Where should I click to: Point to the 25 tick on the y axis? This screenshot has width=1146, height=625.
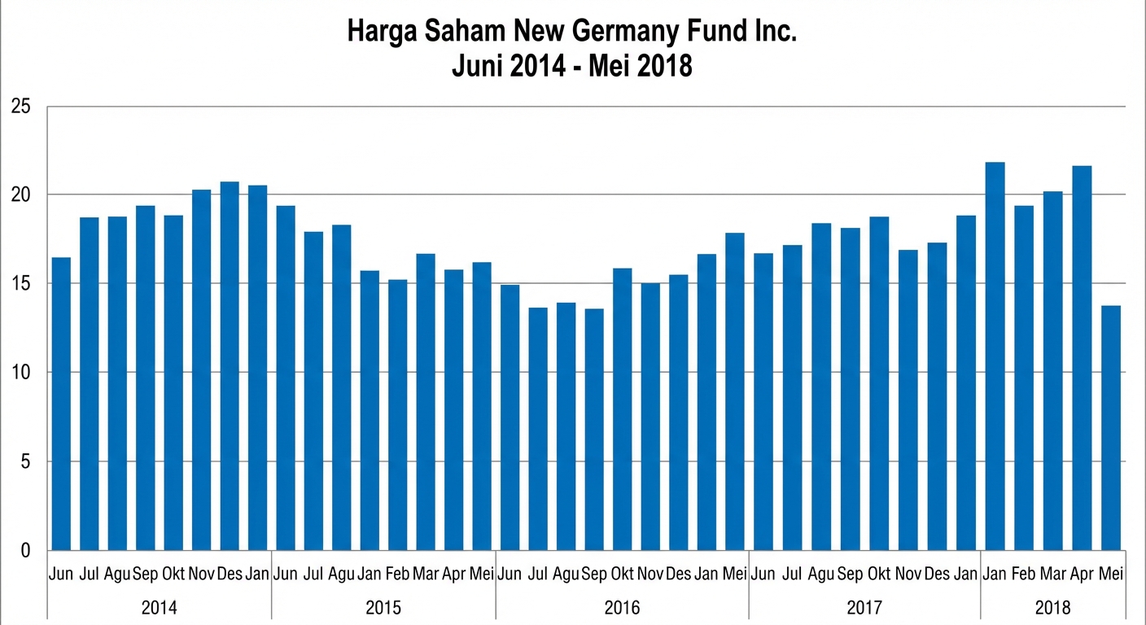tap(20, 107)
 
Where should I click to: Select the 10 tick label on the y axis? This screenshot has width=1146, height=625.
tap(20, 373)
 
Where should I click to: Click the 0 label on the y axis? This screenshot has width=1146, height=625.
tap(25, 551)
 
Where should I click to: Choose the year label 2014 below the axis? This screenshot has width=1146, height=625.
tap(160, 608)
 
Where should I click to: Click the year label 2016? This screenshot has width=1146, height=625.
tap(622, 608)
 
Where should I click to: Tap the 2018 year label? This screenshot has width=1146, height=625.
tap(1053, 608)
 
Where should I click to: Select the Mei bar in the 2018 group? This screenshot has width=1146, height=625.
tap(1111, 427)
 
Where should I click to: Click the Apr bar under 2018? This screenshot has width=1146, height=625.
tap(1082, 358)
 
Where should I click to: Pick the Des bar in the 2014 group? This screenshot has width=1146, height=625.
tap(230, 365)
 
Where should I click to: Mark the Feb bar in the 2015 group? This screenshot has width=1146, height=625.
tap(397, 414)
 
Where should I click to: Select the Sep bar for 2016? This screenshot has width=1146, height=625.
tap(594, 429)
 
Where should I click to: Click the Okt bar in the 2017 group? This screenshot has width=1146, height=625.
tap(879, 383)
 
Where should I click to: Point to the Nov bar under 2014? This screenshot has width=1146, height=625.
tap(202, 369)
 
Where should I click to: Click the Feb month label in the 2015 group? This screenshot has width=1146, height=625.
tap(397, 574)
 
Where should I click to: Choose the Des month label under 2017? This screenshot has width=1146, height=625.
tap(937, 574)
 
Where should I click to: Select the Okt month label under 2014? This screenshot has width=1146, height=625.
tap(173, 574)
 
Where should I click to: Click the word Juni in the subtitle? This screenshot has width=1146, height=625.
tap(479, 65)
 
